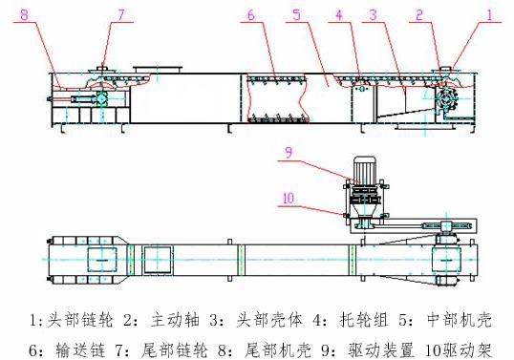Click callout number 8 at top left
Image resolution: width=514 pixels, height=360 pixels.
[25, 14]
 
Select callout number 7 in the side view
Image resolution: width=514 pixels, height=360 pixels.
[121, 14]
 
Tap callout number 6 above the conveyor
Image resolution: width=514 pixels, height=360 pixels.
[250, 15]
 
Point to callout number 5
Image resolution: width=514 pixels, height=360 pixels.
[297, 14]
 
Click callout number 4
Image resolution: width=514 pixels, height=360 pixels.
[339, 14]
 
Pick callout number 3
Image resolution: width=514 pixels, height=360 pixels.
[373, 14]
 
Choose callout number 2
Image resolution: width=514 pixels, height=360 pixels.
[419, 15]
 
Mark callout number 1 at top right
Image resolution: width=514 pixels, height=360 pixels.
[490, 15]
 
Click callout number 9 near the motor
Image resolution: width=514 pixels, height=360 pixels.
[289, 153]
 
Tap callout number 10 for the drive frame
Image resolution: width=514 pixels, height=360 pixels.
[289, 199]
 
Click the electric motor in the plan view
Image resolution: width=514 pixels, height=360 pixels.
[364, 169]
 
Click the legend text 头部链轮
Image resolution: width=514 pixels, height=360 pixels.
[80, 320]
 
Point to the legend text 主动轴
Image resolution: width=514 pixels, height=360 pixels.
[175, 320]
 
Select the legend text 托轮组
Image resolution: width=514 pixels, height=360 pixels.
[364, 320]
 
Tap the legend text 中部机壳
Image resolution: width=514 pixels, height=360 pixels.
[460, 320]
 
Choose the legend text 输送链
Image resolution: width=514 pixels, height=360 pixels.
[80, 350]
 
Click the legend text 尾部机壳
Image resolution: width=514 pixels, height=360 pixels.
[278, 350]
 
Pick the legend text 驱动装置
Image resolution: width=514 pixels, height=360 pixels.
[381, 350]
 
